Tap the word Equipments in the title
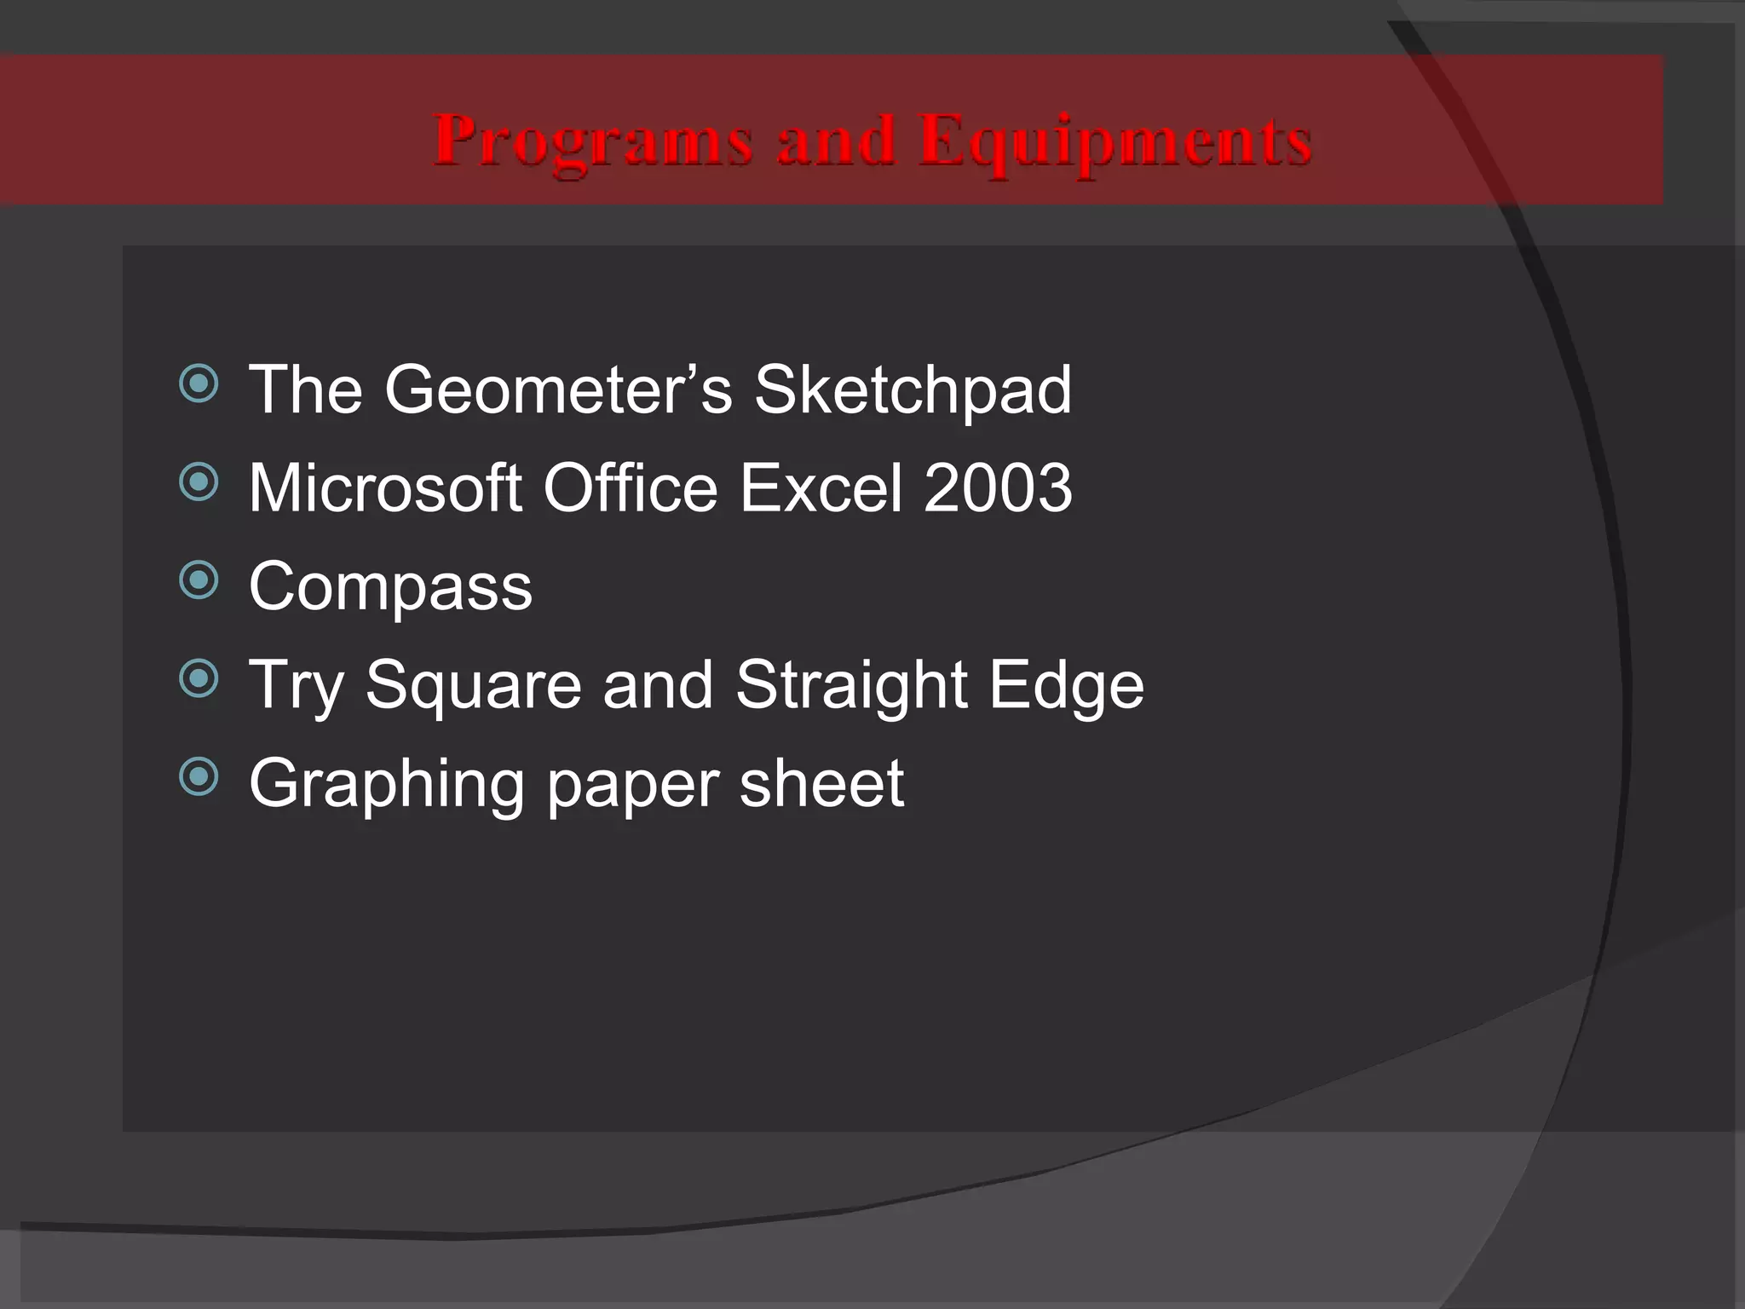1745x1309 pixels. click(1115, 142)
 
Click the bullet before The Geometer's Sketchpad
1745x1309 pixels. click(199, 384)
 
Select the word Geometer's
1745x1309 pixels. click(558, 389)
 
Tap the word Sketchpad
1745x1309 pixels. click(913, 389)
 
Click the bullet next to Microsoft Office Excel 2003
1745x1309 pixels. click(199, 482)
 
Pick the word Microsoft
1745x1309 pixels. click(385, 487)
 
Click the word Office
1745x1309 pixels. click(631, 487)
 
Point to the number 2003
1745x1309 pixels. click(998, 487)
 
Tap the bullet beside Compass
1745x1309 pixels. click(199, 581)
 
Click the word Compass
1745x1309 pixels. click(390, 588)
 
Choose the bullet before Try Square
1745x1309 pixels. click(199, 679)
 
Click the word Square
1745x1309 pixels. click(473, 686)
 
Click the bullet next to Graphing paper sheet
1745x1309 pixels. click(199, 777)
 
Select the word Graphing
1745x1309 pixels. click(386, 784)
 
